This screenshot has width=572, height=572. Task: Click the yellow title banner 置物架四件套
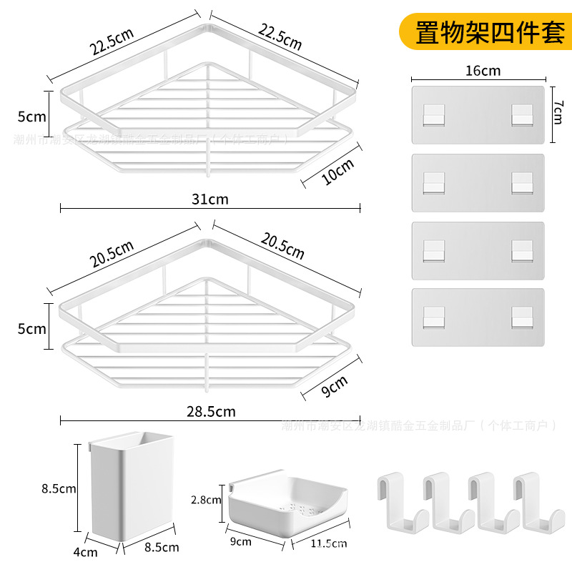[490, 32]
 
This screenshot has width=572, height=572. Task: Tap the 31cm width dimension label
[210, 199]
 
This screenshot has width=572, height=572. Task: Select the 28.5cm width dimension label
[210, 411]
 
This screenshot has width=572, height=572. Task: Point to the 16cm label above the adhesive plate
[482, 71]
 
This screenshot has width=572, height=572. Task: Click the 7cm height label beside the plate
[558, 112]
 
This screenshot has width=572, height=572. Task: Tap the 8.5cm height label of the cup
[59, 489]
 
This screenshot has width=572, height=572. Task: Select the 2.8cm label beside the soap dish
[207, 500]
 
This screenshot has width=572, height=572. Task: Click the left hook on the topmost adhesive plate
[433, 114]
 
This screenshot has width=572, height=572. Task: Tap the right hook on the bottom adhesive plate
[522, 316]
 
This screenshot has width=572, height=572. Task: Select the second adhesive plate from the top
[478, 182]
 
